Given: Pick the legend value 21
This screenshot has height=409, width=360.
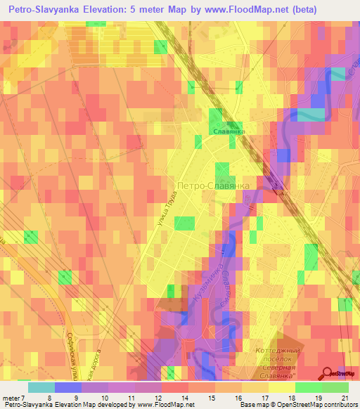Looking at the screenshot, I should pos(345,398).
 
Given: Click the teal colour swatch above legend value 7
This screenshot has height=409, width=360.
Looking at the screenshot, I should pos(41,387).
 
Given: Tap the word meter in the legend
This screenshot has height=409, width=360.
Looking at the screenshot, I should pos(13,398).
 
